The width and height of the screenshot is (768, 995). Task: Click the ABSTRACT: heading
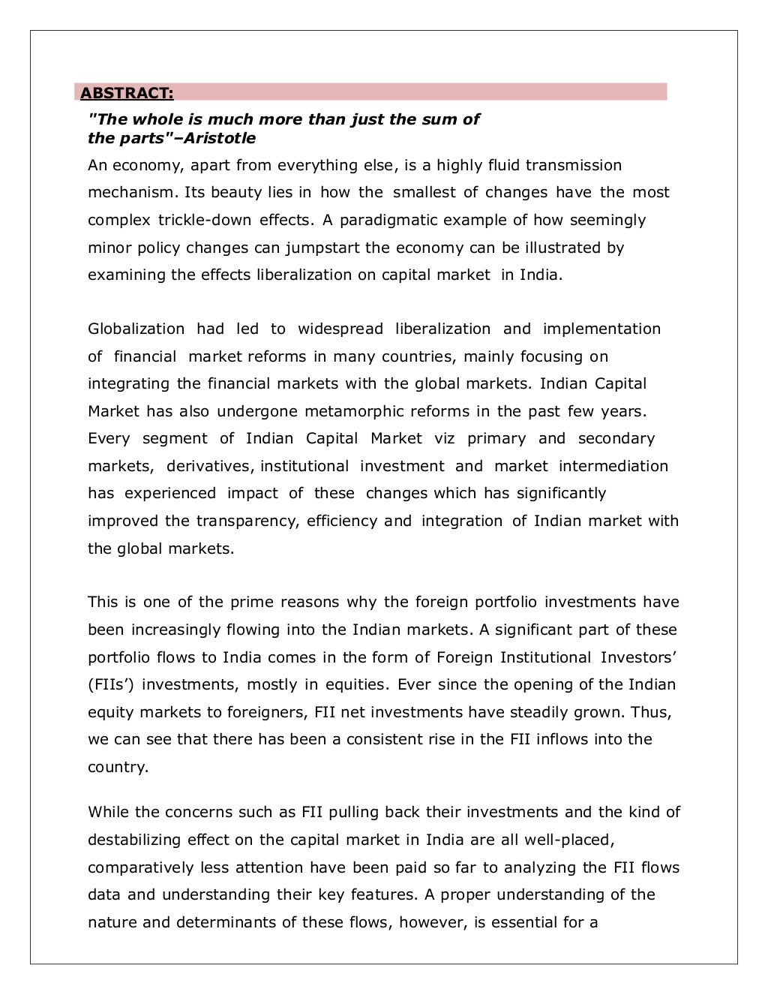127,93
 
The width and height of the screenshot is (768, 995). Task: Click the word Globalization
136,329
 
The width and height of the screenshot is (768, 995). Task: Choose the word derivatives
208,466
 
